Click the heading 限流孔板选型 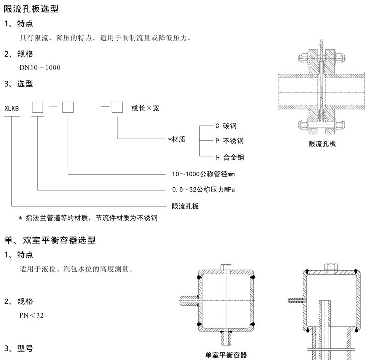tap(31, 8)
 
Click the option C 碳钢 tap(226, 126)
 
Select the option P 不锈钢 tap(229, 141)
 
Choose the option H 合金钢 tap(229, 158)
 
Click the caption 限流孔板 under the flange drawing tap(322, 144)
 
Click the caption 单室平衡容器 tap(226, 355)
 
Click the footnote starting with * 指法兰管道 tap(89, 218)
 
